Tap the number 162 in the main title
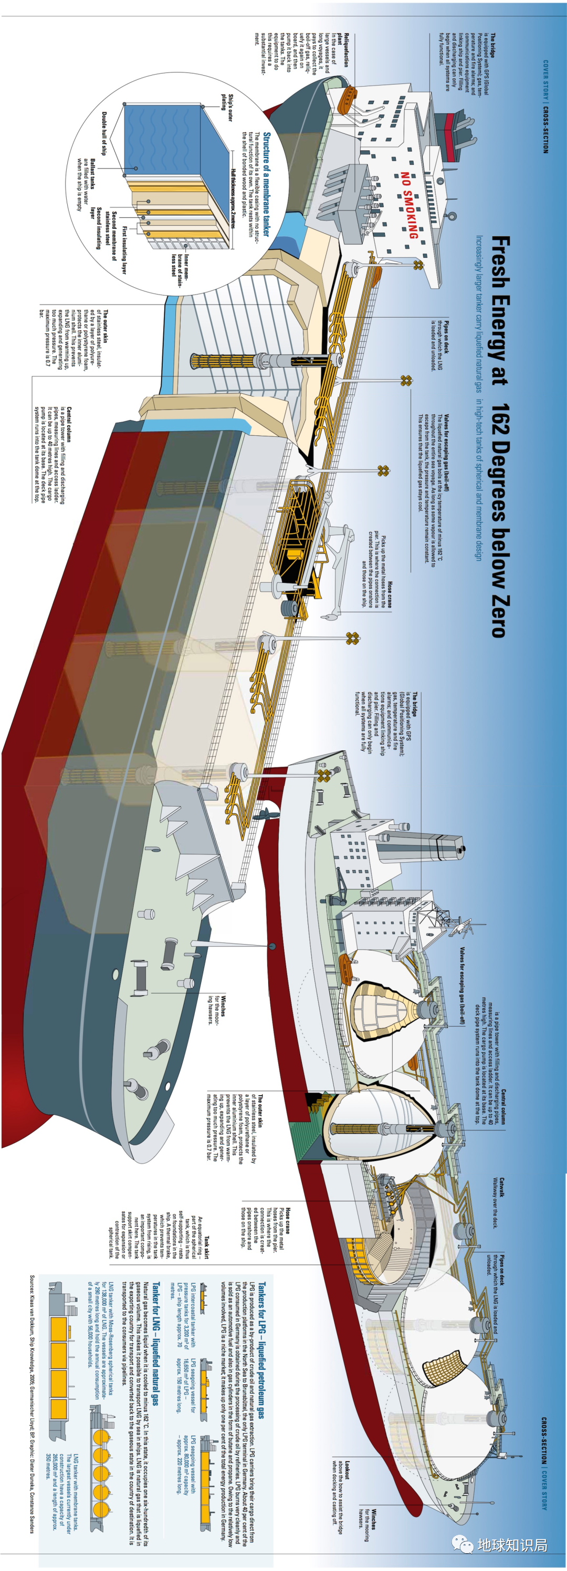click(x=499, y=430)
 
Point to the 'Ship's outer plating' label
click(x=227, y=107)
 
